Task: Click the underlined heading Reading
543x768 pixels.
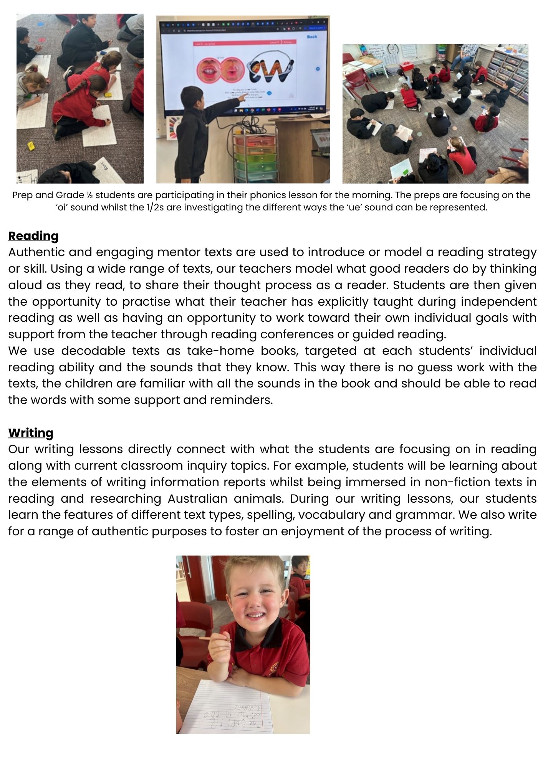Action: coord(33,236)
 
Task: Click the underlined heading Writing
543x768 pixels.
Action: coord(31,433)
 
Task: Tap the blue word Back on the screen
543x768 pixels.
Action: coord(312,36)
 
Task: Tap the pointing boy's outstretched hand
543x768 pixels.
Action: coord(242,98)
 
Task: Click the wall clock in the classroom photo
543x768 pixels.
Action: coord(392,49)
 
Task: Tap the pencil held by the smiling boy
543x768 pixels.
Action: coord(215,639)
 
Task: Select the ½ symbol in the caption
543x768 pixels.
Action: coord(89,195)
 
